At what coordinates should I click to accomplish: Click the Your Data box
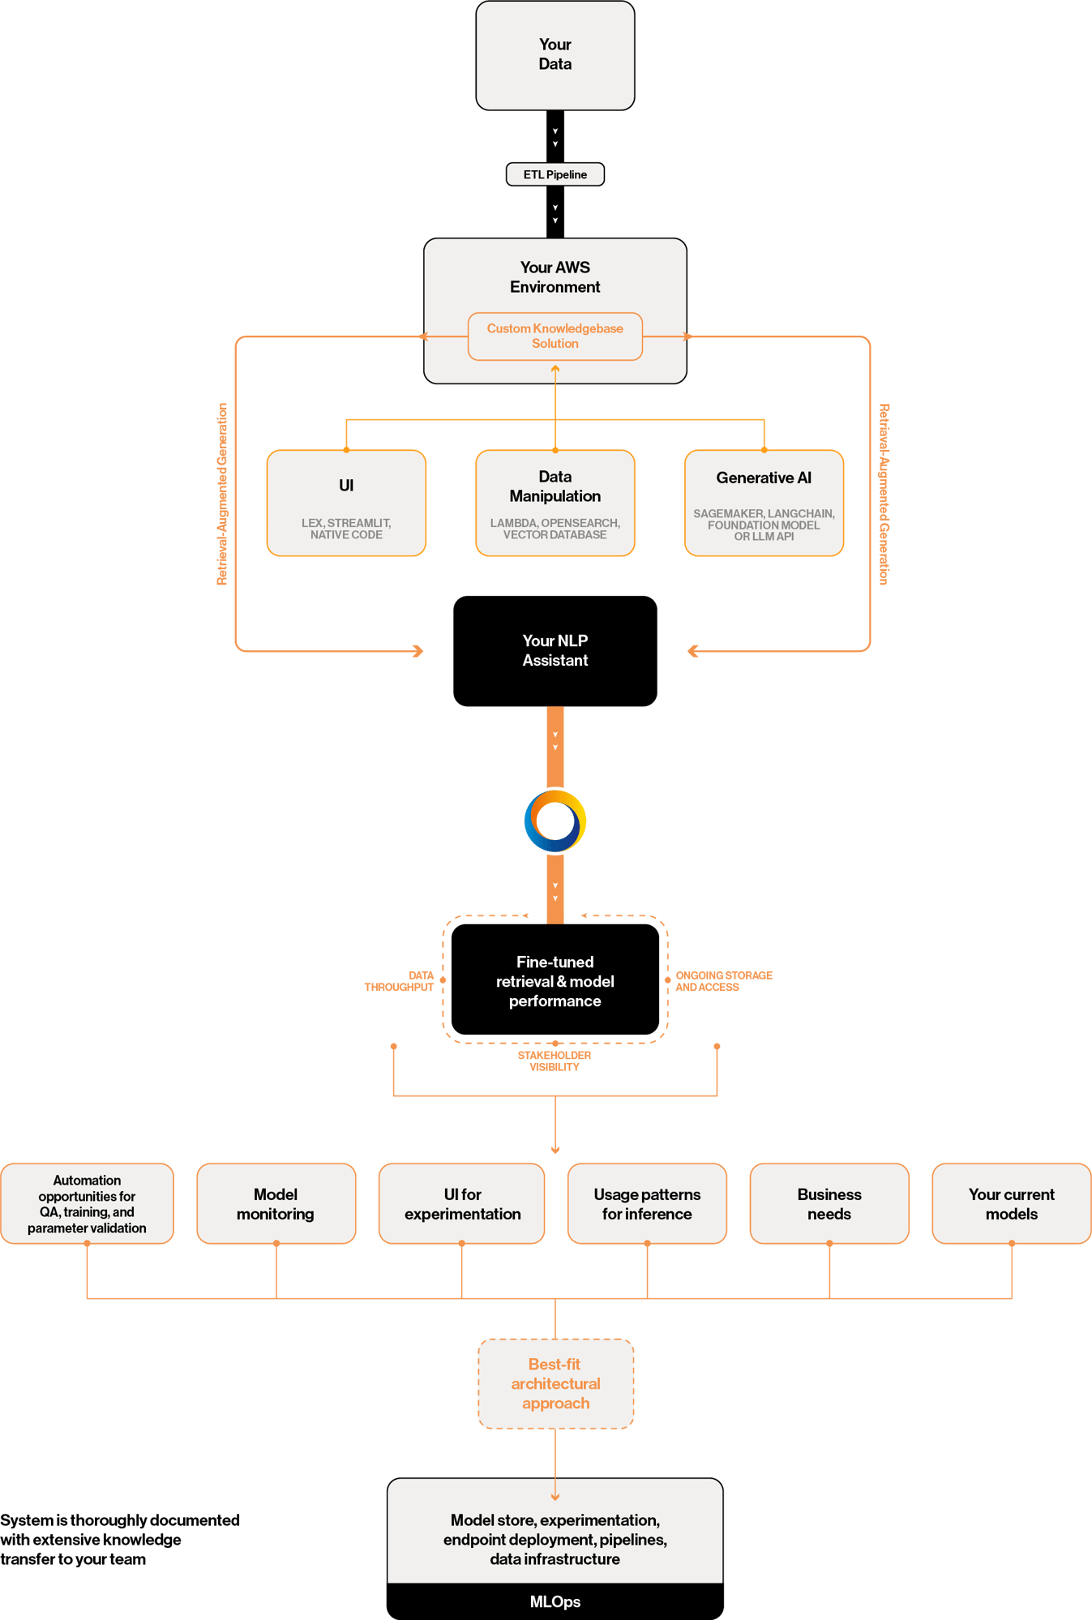[x=555, y=55]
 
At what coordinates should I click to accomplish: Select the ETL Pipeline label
[x=555, y=174]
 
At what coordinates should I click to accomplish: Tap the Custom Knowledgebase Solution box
[x=555, y=336]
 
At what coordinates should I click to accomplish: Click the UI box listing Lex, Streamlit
[x=346, y=503]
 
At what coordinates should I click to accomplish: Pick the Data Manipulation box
[x=555, y=503]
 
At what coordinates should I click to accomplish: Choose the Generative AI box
[x=764, y=503]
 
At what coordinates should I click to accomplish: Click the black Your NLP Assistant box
[x=555, y=650]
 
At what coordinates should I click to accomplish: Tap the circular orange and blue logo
[x=555, y=821]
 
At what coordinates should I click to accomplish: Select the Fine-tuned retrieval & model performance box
[x=555, y=980]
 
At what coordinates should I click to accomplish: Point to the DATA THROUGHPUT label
[x=400, y=981]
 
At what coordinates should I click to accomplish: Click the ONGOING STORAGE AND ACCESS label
[x=723, y=981]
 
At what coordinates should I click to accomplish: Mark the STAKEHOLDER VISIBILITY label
[x=555, y=1061]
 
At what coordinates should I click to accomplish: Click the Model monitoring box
[x=276, y=1203]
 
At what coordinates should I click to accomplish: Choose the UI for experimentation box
[x=462, y=1203]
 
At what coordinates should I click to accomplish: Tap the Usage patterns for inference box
[x=647, y=1203]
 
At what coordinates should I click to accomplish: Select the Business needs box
[x=829, y=1203]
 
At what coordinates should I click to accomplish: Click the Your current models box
[x=1011, y=1203]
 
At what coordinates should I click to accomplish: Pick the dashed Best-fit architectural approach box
[x=555, y=1383]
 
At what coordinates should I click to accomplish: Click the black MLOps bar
[x=555, y=1601]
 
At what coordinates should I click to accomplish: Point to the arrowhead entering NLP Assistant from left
[x=418, y=650]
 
